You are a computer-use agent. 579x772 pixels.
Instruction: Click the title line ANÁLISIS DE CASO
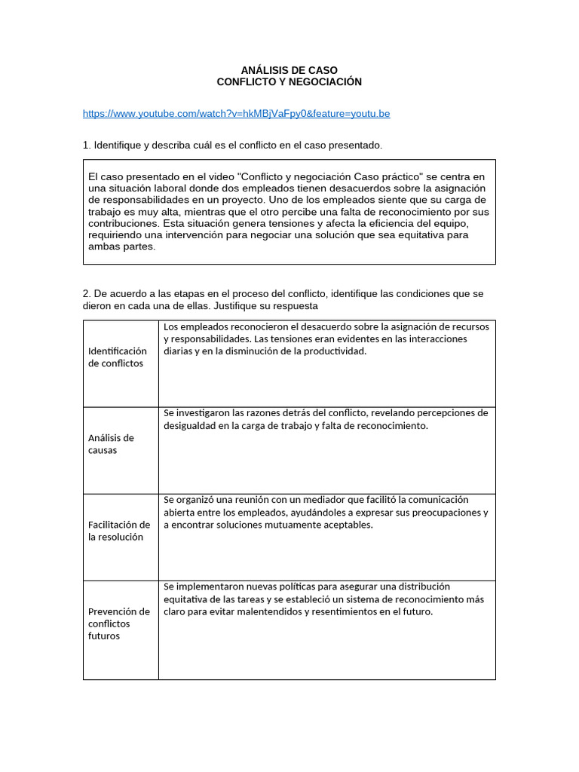coord(289,70)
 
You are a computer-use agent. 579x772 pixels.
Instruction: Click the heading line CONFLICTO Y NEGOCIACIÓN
coord(289,81)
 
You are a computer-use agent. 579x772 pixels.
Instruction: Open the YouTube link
coord(236,114)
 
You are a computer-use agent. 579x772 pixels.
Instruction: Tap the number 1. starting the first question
coord(87,145)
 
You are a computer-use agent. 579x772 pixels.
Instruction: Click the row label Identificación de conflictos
coord(118,357)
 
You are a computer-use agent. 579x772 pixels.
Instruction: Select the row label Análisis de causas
coord(111,444)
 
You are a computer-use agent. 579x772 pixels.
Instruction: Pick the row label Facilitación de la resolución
coord(119,531)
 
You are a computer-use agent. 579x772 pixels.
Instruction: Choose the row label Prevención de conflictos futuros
coord(119,623)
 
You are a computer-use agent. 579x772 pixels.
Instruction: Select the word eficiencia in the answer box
coord(396,224)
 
